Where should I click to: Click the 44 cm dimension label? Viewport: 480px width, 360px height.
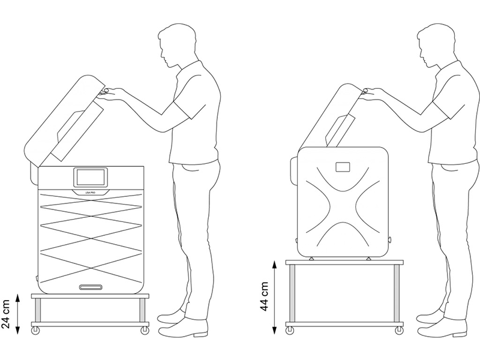(265, 296)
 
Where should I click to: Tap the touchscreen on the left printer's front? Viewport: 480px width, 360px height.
(91, 178)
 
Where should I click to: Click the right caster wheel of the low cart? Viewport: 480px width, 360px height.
(144, 329)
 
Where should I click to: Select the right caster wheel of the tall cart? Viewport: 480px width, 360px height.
(398, 330)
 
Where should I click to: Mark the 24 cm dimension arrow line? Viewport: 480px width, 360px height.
(20, 314)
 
